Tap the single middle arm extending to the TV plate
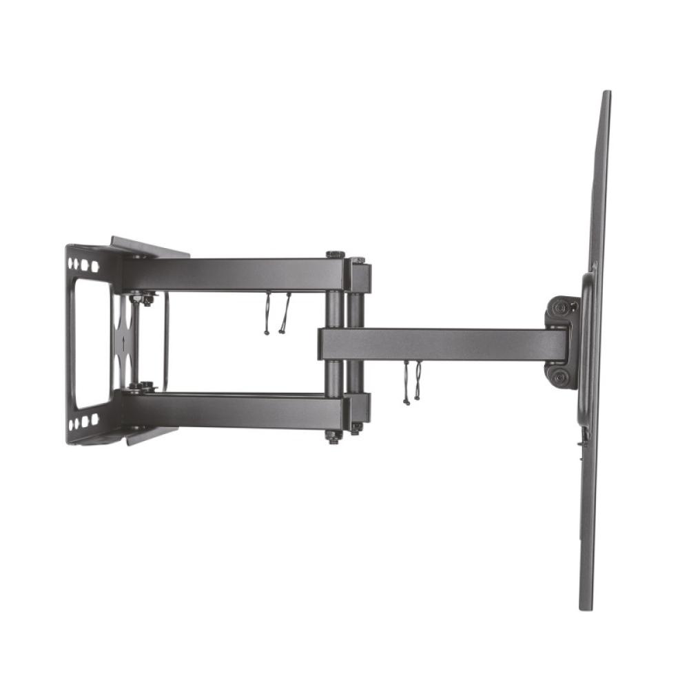pyautogui.click(x=441, y=343)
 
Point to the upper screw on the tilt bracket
pyautogui.click(x=562, y=307)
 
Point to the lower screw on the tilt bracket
pyautogui.click(x=560, y=377)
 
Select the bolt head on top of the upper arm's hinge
pyautogui.click(x=336, y=255)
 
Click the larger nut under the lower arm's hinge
pyautogui.click(x=334, y=437)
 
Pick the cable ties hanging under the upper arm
pyautogui.click(x=276, y=313)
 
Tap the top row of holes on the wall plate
pyautogui.click(x=83, y=265)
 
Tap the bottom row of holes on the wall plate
pyautogui.click(x=83, y=421)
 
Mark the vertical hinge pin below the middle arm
pyautogui.click(x=334, y=378)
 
